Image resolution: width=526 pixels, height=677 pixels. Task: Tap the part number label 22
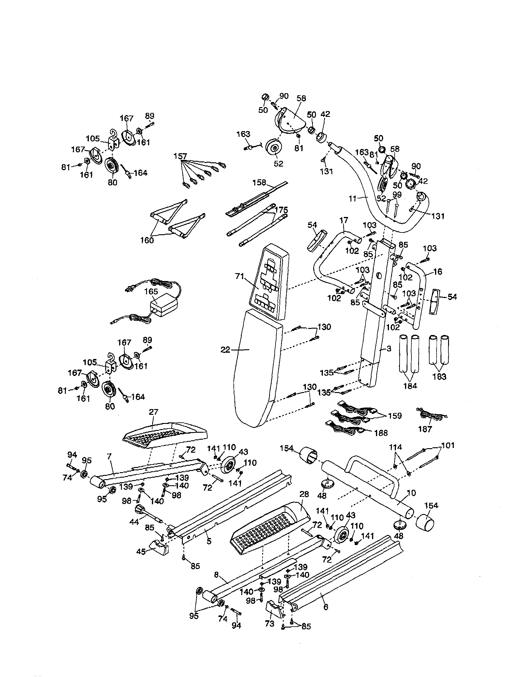point(226,350)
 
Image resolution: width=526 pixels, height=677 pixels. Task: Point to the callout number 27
point(154,412)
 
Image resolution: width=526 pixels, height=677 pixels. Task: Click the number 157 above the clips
point(180,156)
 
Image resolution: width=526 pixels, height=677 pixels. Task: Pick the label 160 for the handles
point(147,240)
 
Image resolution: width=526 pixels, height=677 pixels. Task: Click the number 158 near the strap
point(259,183)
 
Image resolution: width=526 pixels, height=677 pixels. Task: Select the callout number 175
point(281,210)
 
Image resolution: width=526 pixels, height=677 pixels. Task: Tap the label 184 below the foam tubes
point(410,386)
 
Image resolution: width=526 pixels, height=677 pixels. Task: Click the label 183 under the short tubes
point(439,377)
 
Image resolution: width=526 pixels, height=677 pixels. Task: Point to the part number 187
point(425,429)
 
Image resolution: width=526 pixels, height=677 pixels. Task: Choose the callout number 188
point(381,433)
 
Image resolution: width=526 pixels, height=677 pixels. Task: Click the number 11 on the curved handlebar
point(353,199)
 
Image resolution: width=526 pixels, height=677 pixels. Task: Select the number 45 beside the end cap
point(141,552)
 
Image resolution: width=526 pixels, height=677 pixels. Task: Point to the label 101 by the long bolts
point(448,445)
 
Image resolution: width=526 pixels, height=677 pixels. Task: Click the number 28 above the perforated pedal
point(304,494)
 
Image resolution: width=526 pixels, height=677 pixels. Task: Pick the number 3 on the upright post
point(389,348)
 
